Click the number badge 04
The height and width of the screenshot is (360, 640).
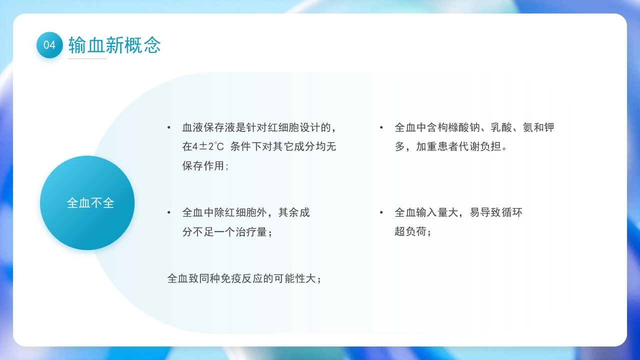coord(49,45)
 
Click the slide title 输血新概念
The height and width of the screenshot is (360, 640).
coord(114,45)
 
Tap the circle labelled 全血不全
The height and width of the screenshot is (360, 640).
coord(87,203)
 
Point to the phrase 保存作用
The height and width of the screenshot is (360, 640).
coord(203,165)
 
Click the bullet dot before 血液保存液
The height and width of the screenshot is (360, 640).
coord(169,128)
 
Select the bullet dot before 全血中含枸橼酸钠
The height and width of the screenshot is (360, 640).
coord(381,128)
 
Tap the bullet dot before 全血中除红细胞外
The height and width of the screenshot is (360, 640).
coord(169,213)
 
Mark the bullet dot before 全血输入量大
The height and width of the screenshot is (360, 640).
coord(381,213)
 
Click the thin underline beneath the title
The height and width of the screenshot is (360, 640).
coord(87,58)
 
